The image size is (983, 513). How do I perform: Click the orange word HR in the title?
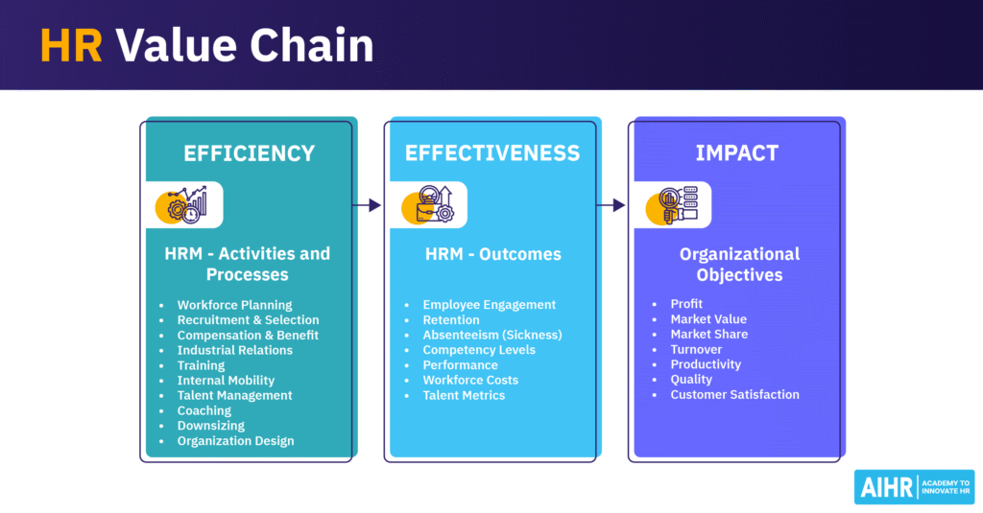[70, 46]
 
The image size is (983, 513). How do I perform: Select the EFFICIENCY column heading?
[250, 153]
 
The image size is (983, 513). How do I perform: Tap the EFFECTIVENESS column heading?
[491, 153]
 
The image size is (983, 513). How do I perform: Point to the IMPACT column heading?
[738, 153]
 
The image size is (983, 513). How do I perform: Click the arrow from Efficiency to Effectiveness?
[369, 204]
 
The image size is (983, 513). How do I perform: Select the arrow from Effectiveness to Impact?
[611, 204]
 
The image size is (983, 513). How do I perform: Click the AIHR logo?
[914, 487]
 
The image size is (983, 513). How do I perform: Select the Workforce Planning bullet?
[234, 305]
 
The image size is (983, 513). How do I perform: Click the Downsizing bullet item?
[210, 426]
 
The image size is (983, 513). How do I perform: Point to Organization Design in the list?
[235, 441]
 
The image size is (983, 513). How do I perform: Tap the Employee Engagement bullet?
[489, 305]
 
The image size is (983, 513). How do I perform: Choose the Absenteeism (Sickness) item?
[491, 335]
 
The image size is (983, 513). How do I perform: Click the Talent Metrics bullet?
[464, 395]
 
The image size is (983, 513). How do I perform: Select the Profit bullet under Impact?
[687, 304]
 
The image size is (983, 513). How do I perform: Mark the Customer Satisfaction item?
[734, 394]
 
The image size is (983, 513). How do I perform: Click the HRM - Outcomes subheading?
[492, 254]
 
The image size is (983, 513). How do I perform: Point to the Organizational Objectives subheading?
[738, 265]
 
